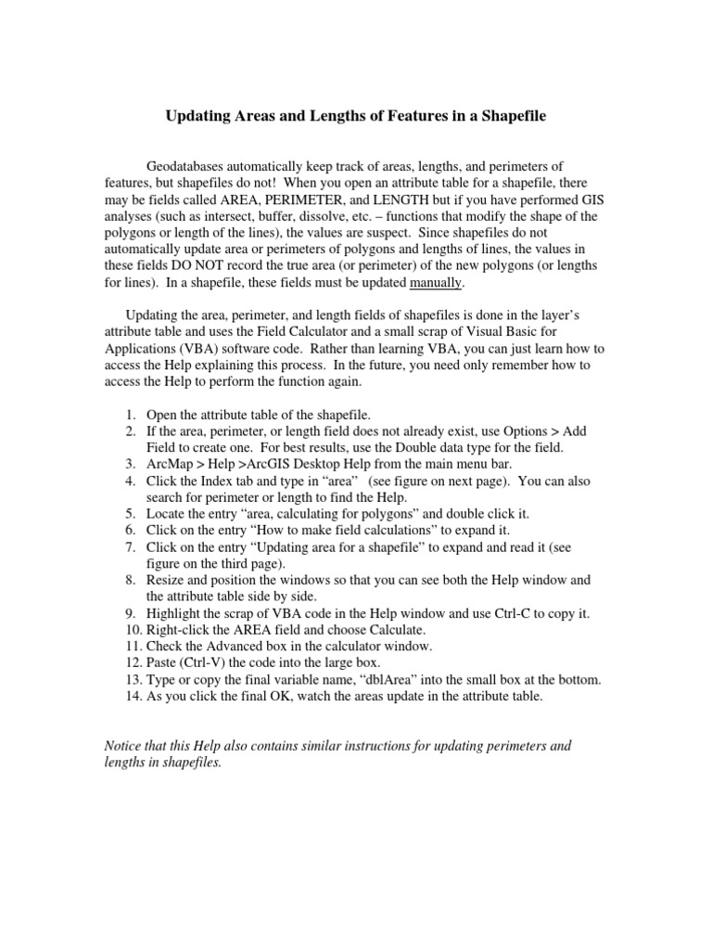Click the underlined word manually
(x=435, y=282)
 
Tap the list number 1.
(x=132, y=415)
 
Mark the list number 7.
(x=132, y=547)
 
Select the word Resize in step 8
(x=168, y=580)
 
